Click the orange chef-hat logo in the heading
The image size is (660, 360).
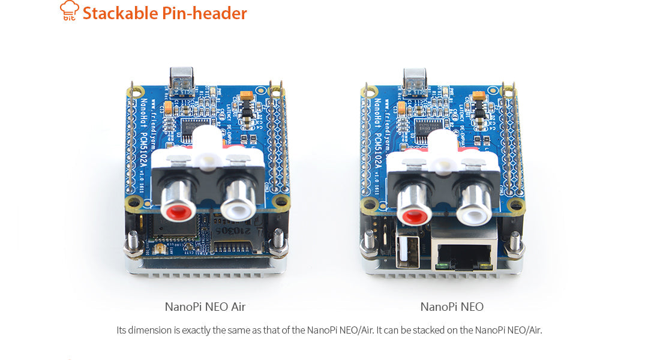coord(70,11)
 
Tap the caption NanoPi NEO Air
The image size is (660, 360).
coord(205,307)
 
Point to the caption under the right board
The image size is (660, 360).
coord(452,307)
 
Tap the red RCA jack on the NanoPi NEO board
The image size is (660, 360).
coord(413,213)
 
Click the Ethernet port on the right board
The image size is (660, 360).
coord(464,252)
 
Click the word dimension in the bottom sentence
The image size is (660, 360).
coord(146,330)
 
